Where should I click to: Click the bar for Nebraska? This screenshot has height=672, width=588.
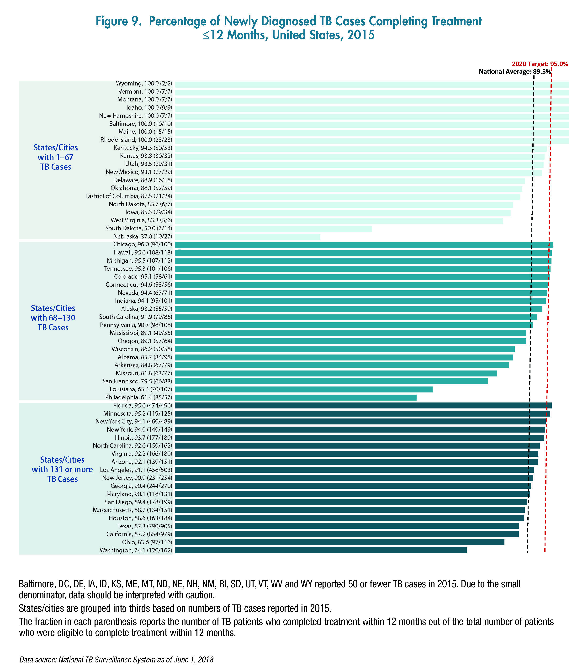pos(247,237)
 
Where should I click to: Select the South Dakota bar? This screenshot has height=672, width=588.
pos(273,229)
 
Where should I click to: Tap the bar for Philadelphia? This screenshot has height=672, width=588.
pos(296,397)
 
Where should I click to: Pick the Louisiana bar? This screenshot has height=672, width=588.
pos(303,390)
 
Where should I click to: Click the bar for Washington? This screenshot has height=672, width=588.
pos(321,550)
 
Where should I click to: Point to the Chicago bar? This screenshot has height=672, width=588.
pos(364,245)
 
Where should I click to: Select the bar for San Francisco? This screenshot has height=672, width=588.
pos(331,381)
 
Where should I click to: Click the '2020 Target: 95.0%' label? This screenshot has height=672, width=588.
pos(540,64)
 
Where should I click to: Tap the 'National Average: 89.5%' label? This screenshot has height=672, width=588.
pos(514,72)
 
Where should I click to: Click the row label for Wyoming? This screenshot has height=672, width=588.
pos(144,84)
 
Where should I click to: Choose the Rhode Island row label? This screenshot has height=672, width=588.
pos(136,140)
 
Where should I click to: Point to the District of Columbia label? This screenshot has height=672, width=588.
pos(129,196)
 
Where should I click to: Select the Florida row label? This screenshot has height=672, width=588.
pos(143,406)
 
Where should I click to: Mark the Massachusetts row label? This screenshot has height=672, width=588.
pos(132,510)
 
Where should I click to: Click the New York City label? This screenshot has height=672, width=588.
pos(134,421)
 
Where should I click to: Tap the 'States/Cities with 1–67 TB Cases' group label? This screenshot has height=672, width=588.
pos(56,157)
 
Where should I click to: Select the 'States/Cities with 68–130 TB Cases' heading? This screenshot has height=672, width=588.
pos(53,318)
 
